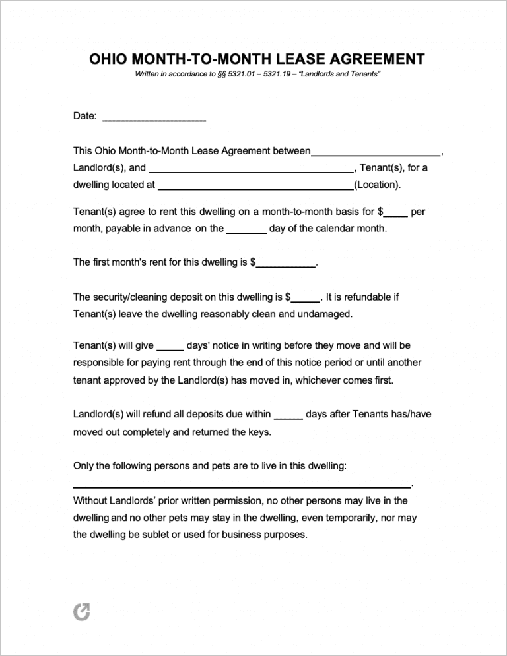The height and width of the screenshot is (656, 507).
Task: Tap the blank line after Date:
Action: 154,119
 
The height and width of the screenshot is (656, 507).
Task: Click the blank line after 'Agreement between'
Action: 376,154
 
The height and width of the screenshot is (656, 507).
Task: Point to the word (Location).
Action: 378,185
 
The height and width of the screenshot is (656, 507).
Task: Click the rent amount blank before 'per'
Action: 396,215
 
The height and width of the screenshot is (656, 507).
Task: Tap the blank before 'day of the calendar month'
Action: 247,232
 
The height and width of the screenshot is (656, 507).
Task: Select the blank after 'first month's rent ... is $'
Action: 286,265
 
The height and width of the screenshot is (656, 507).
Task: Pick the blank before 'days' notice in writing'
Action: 170,349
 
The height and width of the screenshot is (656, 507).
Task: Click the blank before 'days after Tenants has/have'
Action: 288,417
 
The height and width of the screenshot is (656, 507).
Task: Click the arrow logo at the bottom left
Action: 81,612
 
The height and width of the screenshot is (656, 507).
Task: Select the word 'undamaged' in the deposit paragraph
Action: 324,314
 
